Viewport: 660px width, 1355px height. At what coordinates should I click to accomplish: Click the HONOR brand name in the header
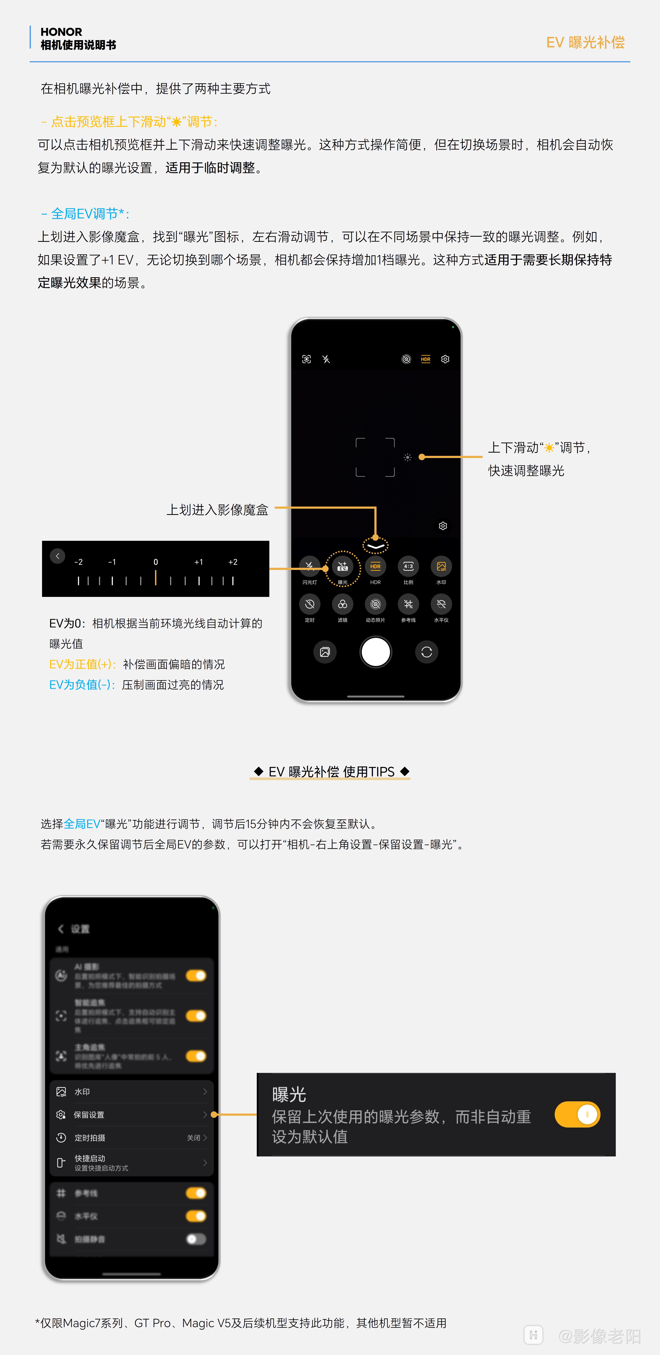[61, 32]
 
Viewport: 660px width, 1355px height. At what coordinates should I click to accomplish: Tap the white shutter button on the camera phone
[375, 652]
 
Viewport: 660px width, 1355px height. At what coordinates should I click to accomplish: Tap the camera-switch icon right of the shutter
[426, 652]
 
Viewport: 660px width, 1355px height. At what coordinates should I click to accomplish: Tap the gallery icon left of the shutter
[325, 652]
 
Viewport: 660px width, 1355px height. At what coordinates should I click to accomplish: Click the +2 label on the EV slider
[233, 562]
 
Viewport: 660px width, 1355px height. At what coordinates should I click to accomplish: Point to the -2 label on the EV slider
[78, 562]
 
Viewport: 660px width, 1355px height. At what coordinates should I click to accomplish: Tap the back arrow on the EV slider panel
[57, 556]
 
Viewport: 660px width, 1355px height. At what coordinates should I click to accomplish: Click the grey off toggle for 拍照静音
[196, 1239]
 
